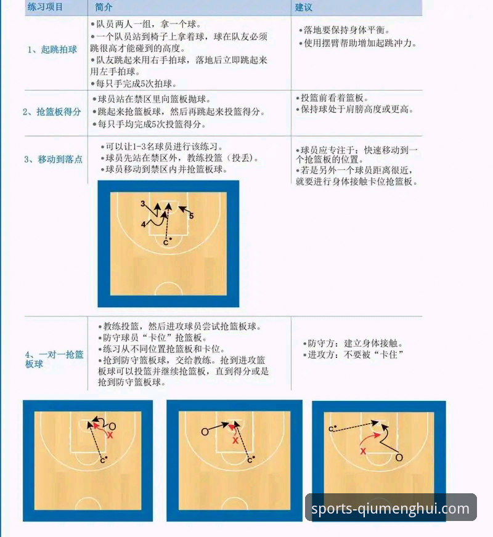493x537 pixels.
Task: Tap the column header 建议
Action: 304,7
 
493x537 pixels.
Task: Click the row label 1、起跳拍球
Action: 52,49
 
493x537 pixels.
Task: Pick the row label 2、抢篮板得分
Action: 52,111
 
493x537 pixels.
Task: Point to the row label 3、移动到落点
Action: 53,159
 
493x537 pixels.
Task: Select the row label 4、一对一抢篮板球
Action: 54,359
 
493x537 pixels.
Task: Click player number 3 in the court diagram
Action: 142,203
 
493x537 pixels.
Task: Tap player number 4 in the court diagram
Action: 143,225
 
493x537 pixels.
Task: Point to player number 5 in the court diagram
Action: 191,216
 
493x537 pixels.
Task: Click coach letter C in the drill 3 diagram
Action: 165,243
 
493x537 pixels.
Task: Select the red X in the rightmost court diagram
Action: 363,451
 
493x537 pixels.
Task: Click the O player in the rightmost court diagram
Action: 399,458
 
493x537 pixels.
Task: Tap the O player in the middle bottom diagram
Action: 205,432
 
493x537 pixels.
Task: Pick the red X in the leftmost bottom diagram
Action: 110,435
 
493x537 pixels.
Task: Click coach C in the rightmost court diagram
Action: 331,429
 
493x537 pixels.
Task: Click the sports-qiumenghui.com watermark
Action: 391,509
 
